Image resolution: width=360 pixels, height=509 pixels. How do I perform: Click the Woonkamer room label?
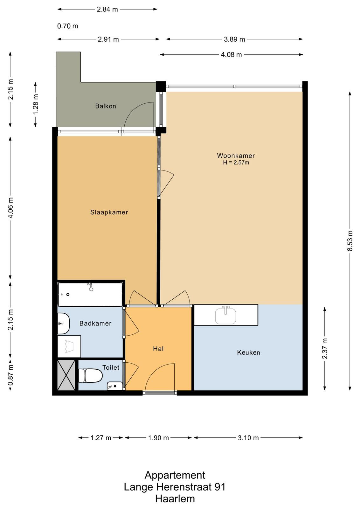point(236,156)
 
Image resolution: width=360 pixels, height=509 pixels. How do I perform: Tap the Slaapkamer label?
point(109,212)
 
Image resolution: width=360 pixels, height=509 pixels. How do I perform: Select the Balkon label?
point(106,106)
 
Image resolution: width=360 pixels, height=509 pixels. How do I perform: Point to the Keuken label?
point(248,352)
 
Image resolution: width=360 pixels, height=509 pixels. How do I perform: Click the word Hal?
point(158,349)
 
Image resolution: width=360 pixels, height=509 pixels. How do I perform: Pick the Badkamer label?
point(95,323)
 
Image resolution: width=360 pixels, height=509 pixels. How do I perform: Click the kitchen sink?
point(225,315)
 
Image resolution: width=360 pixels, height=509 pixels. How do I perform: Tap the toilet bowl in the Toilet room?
point(90,375)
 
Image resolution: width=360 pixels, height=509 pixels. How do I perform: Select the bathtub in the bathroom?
point(90,294)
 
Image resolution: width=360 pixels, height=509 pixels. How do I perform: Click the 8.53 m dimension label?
point(350,241)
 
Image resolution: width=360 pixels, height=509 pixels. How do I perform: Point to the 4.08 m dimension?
point(231,54)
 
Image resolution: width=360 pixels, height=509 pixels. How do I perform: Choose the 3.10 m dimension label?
point(248,438)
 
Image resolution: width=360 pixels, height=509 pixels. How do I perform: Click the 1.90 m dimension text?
point(159,438)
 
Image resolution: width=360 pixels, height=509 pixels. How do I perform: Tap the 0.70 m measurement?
point(67,26)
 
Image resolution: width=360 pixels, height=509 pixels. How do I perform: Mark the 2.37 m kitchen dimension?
point(325,349)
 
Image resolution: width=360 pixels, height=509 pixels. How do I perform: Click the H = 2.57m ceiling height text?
point(236,163)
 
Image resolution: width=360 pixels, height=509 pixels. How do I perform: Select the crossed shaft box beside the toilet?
point(66,375)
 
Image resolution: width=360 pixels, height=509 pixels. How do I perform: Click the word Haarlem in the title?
point(175,499)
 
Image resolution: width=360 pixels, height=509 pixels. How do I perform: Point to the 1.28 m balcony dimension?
point(36,105)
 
